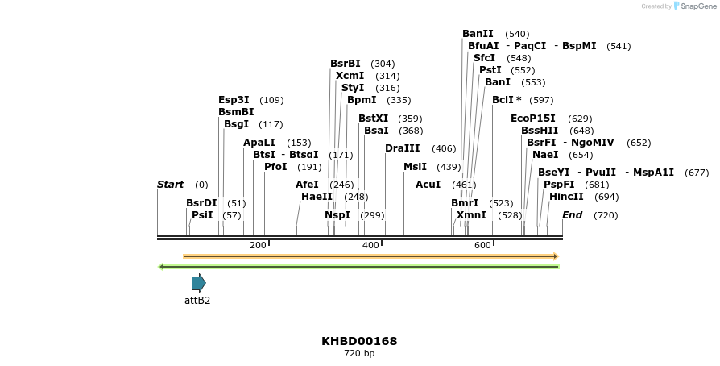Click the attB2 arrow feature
(198, 283)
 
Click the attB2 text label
(197, 301)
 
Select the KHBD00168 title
(359, 341)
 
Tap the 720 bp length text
(359, 353)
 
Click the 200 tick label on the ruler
(258, 245)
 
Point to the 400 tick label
(370, 245)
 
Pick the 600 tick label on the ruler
(482, 245)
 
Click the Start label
(170, 185)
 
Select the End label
(572, 215)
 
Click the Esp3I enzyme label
(234, 100)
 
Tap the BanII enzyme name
(478, 34)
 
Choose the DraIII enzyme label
(402, 148)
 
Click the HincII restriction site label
(566, 197)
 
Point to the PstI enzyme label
(490, 70)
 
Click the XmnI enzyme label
(471, 215)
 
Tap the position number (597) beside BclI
(541, 100)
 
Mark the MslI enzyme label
(415, 167)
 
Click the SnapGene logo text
(697, 6)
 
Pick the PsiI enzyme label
(202, 215)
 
